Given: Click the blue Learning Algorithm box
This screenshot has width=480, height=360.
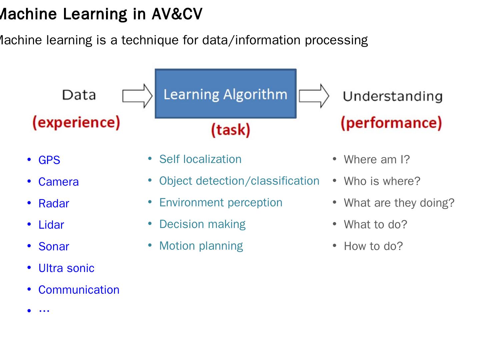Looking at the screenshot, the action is click(225, 94).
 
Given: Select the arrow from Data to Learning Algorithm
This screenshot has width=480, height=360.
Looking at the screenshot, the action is click(137, 96).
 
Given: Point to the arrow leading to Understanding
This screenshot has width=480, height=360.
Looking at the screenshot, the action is click(314, 96).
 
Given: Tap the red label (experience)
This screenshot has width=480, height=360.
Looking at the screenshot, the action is click(76, 123).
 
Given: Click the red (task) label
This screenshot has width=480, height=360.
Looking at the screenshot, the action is click(230, 130).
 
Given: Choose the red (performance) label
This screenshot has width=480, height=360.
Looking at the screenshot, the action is click(391, 123).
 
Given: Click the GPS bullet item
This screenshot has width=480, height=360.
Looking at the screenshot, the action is click(49, 160).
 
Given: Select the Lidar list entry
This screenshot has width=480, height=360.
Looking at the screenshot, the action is click(51, 225).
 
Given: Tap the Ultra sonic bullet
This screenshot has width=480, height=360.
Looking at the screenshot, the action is click(66, 268).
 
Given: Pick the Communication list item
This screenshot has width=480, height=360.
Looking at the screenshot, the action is click(79, 290).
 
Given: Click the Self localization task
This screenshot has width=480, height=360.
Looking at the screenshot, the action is click(200, 159).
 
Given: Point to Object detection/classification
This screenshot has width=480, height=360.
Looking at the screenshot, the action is click(239, 181).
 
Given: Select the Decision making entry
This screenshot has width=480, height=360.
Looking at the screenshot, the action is click(202, 224).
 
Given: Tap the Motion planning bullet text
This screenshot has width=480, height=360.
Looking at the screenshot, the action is click(201, 246).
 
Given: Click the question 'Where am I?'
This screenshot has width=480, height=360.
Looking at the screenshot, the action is click(377, 160).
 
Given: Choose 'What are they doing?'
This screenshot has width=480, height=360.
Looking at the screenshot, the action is click(399, 203).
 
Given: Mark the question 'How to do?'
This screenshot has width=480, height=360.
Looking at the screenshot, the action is click(373, 246).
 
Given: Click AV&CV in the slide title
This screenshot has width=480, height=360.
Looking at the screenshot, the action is click(177, 14).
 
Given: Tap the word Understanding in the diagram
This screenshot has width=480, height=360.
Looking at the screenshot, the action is click(393, 96).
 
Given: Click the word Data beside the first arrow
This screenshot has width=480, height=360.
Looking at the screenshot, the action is click(79, 95).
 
